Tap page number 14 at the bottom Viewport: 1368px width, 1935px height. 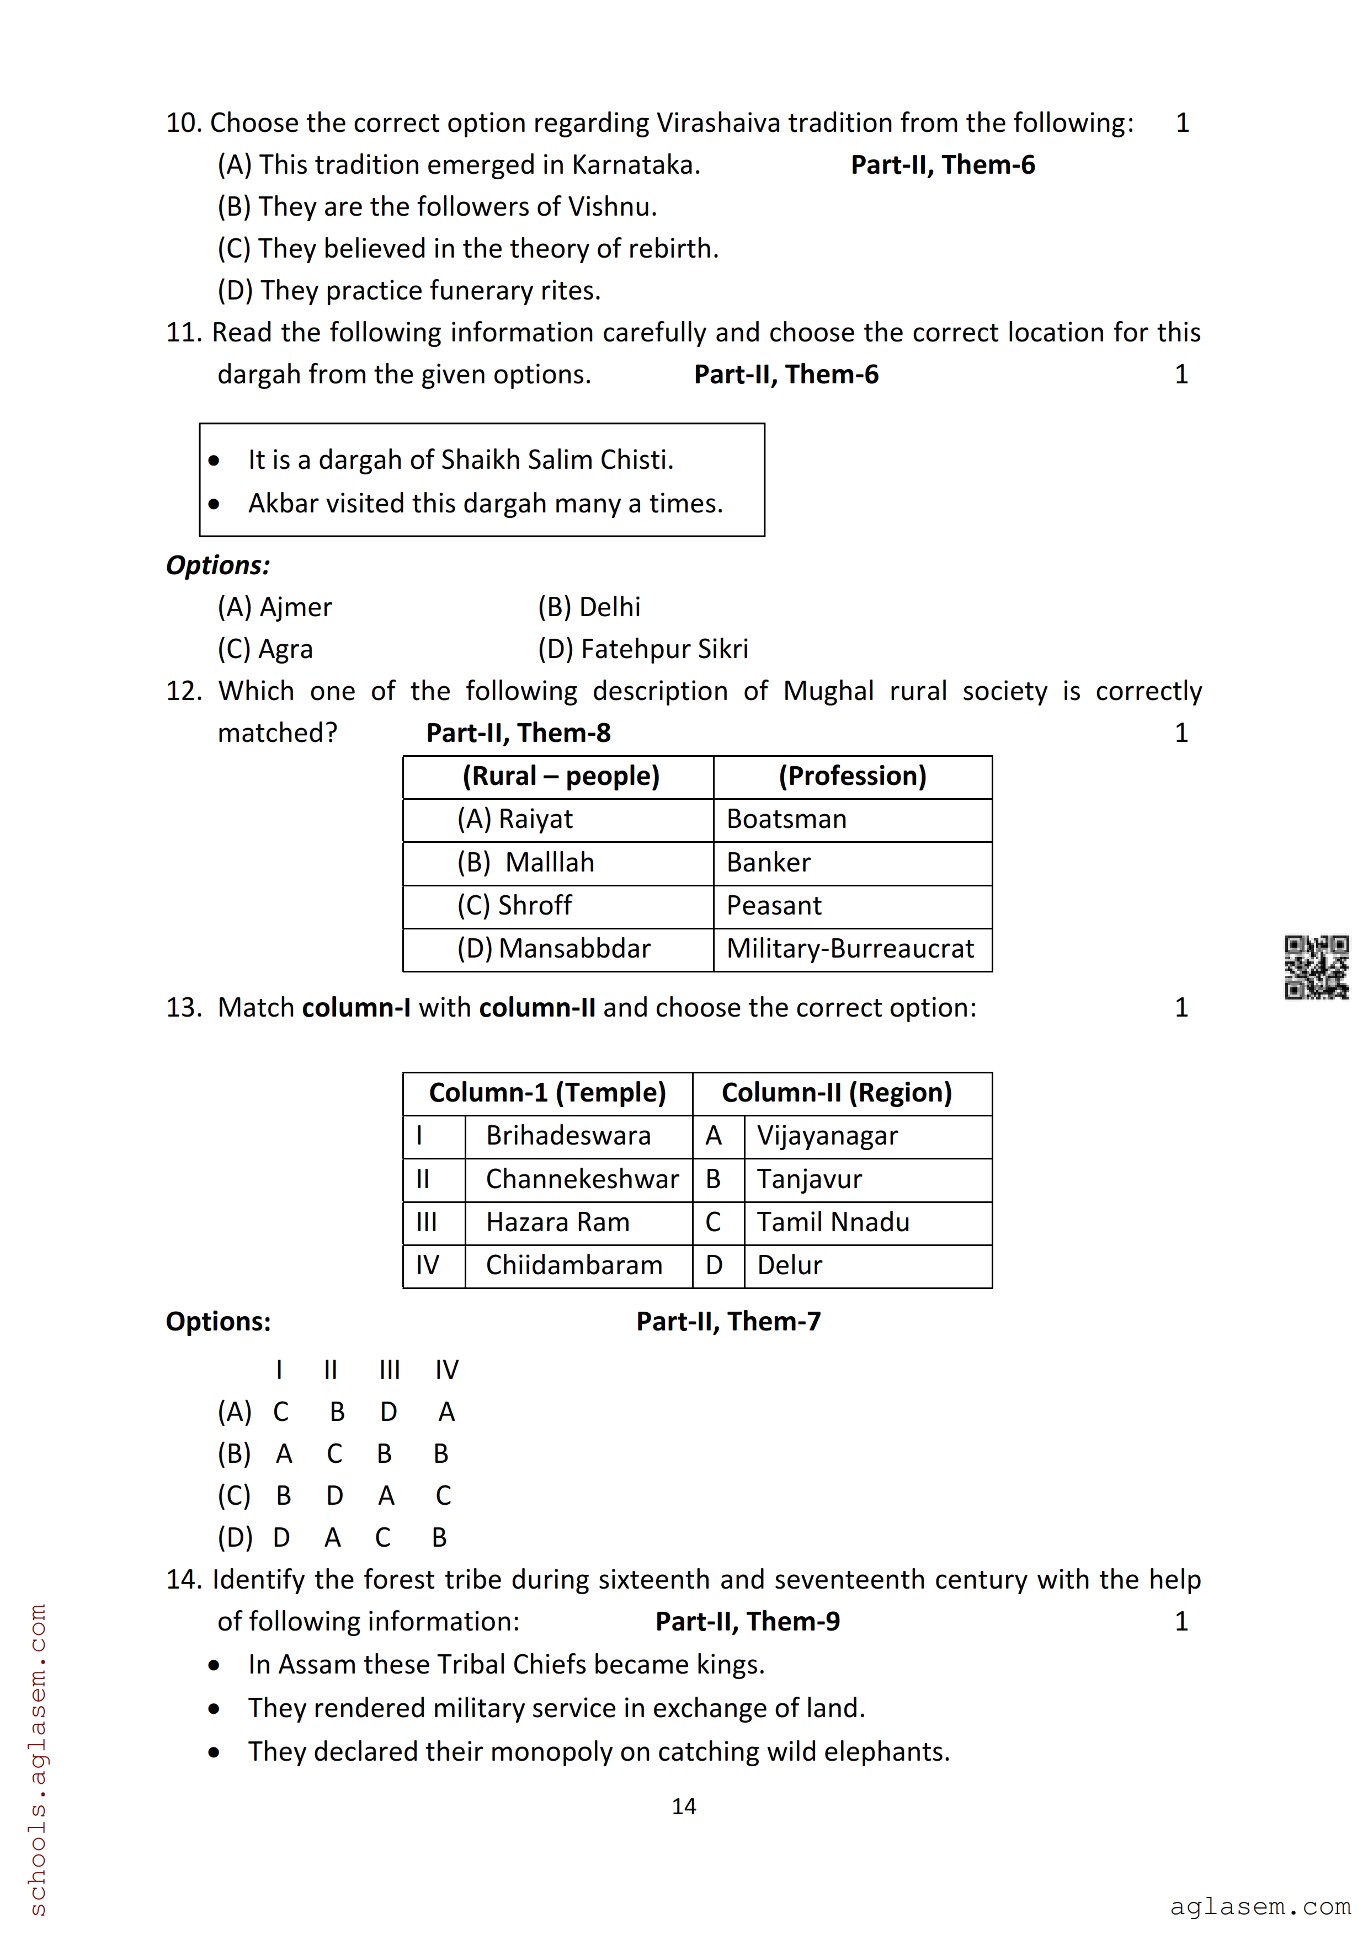coord(684,1806)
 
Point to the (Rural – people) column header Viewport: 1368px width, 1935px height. coord(561,776)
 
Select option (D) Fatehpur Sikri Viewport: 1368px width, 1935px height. coord(643,649)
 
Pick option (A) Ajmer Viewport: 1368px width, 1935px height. coord(275,607)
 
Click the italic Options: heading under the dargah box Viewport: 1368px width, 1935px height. coord(217,565)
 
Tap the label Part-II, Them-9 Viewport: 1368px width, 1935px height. coord(748,1622)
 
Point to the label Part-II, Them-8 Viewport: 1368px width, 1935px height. coord(518,733)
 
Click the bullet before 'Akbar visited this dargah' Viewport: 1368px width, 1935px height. coord(214,504)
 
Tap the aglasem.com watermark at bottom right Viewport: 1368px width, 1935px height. coord(1259,1906)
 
